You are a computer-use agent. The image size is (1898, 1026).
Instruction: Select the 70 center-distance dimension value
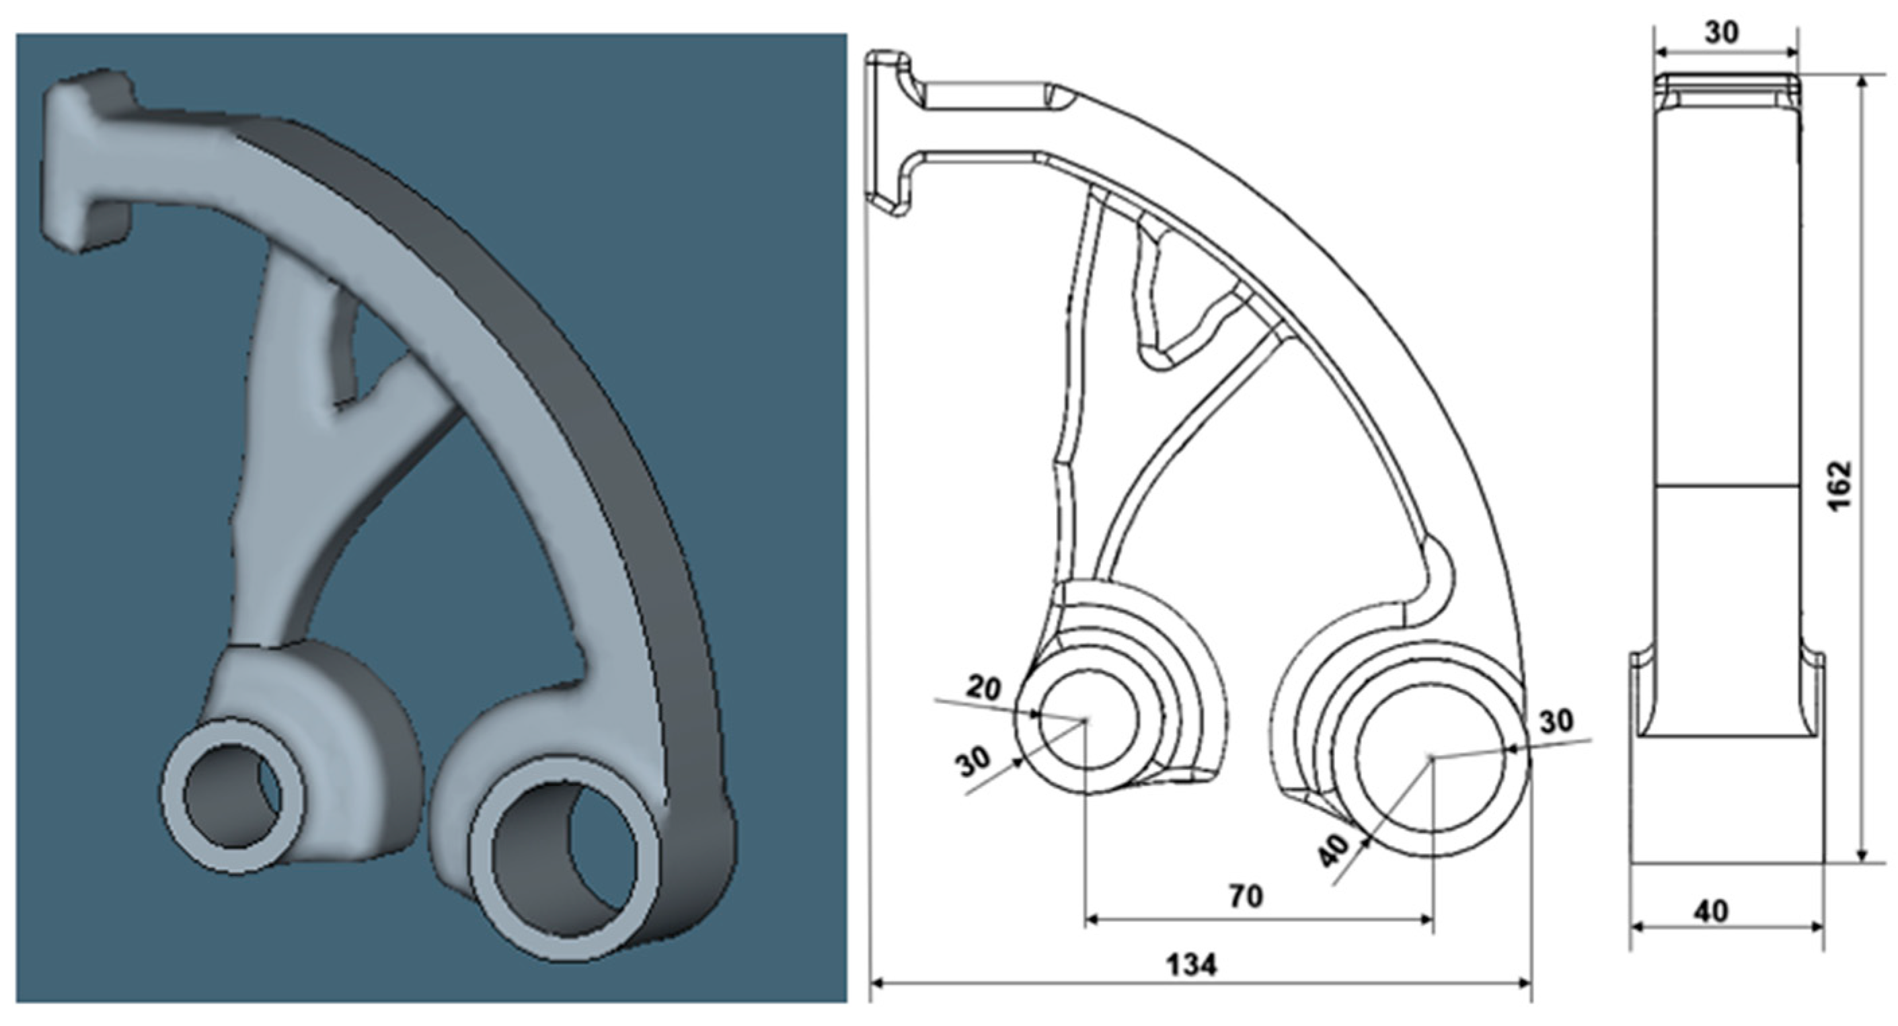coord(1246,896)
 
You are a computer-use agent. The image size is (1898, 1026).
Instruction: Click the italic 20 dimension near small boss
coord(983,688)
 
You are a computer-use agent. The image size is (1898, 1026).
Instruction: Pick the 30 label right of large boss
coord(1556,722)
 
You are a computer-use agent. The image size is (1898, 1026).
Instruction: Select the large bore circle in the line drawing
coord(1431,758)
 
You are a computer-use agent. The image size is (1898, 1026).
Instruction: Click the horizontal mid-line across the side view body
coord(1726,485)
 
